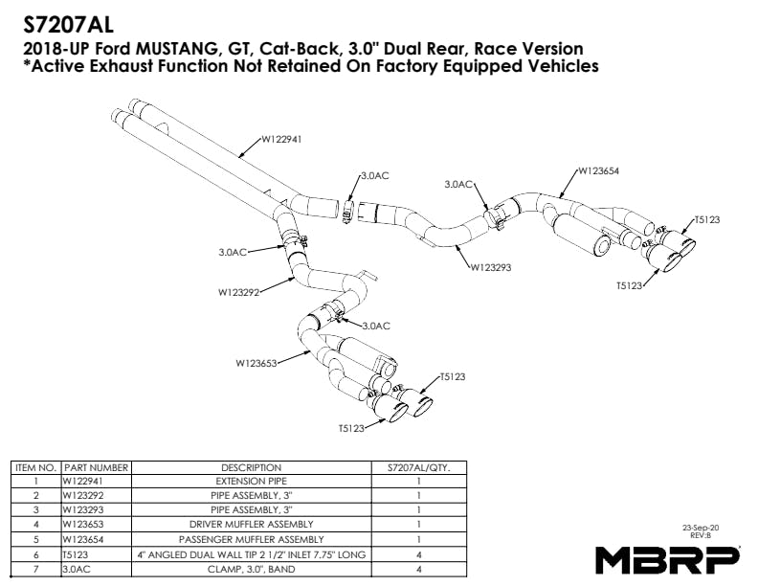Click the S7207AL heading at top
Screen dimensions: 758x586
(68, 25)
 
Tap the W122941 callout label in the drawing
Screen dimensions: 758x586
(281, 139)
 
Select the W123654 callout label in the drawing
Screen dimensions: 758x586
(598, 170)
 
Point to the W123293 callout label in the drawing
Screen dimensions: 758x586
(491, 267)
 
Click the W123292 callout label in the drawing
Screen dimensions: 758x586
(239, 292)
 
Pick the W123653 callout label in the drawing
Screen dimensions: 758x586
(256, 363)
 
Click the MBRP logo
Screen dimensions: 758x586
(668, 560)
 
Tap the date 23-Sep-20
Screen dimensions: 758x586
(701, 528)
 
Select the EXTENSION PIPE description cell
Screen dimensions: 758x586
(252, 481)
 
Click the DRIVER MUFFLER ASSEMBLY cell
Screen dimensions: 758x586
(252, 524)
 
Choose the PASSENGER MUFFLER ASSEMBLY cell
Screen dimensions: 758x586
(252, 539)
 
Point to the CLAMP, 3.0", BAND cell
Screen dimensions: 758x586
(252, 569)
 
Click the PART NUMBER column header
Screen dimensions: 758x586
(97, 467)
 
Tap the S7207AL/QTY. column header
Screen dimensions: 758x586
(418, 467)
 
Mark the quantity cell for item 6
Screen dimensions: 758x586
(418, 555)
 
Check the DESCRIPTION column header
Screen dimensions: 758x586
(252, 467)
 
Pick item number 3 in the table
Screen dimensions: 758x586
(36, 509)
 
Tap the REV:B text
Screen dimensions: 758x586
(701, 535)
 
